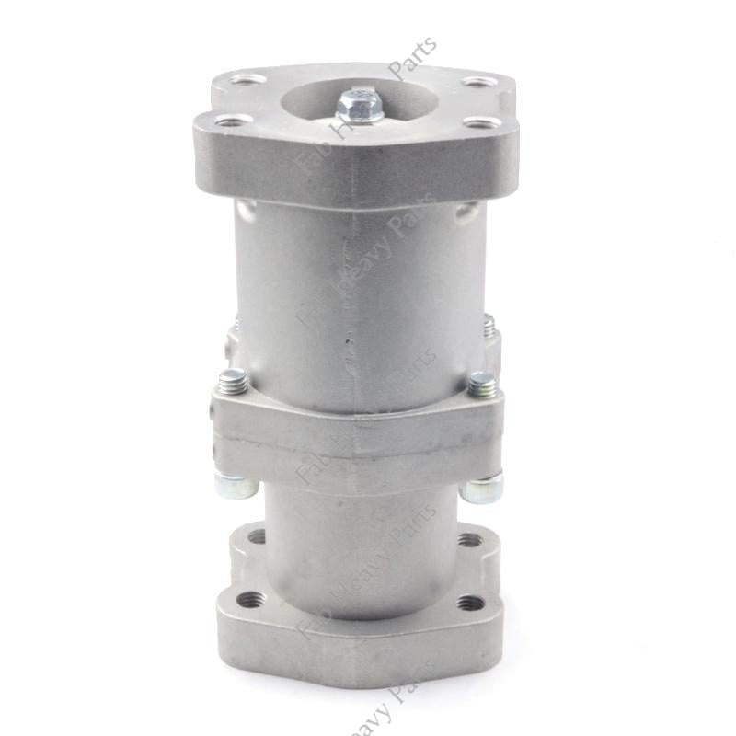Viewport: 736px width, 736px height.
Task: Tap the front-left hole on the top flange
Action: tap(234, 121)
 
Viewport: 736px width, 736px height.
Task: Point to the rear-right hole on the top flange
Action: tap(478, 81)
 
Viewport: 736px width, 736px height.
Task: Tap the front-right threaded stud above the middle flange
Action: tap(481, 382)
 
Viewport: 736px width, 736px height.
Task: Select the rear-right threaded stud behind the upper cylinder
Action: tap(489, 325)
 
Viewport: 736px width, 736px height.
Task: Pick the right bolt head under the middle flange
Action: tap(482, 488)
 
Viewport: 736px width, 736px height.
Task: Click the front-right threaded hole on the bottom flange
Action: tap(470, 604)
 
